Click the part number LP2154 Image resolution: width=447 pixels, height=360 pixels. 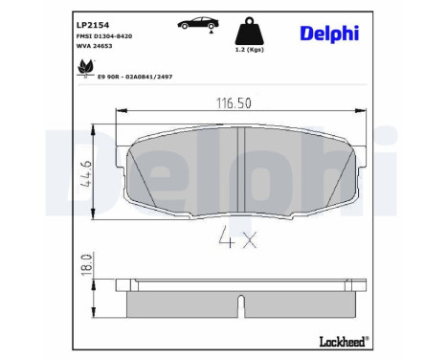[90, 17]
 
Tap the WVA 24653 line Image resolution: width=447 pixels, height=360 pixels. [93, 44]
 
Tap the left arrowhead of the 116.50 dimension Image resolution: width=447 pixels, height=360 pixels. [119, 111]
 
